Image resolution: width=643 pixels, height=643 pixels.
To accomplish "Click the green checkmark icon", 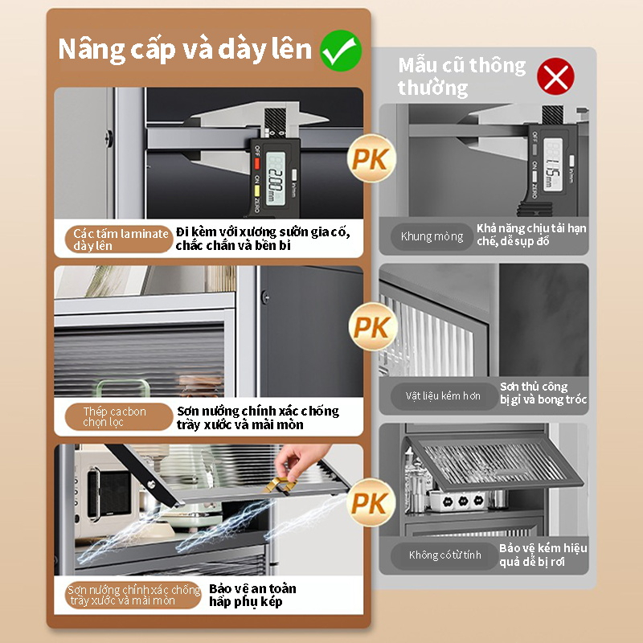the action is (x=341, y=51).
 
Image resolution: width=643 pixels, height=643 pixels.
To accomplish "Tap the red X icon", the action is (x=555, y=76).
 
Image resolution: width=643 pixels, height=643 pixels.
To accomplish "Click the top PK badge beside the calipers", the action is (x=371, y=158).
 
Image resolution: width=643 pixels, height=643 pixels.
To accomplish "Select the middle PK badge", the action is (x=373, y=327).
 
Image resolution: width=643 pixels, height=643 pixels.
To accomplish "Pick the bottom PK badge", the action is (x=371, y=502).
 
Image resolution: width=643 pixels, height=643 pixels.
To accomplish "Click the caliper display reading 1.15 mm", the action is (x=553, y=164).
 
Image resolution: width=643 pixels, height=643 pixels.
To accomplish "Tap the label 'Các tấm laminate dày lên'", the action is (x=118, y=240).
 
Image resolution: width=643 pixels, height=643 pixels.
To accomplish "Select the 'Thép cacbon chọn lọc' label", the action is (x=118, y=416).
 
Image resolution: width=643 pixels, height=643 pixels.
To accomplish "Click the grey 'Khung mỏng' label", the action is (x=432, y=236).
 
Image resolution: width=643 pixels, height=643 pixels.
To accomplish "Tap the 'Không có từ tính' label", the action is (x=444, y=555).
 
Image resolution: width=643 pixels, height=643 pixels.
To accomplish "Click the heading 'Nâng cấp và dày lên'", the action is (x=185, y=50).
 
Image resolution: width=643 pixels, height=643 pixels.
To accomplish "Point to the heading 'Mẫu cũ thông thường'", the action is (x=461, y=76).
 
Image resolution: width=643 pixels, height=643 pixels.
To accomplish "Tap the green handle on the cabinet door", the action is (x=123, y=388).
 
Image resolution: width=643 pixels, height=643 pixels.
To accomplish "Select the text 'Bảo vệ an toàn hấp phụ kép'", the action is (x=252, y=595).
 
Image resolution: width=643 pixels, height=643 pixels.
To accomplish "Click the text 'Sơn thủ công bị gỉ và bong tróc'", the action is (x=543, y=393).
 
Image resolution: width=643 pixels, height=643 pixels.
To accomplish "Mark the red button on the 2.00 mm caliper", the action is (x=256, y=164).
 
